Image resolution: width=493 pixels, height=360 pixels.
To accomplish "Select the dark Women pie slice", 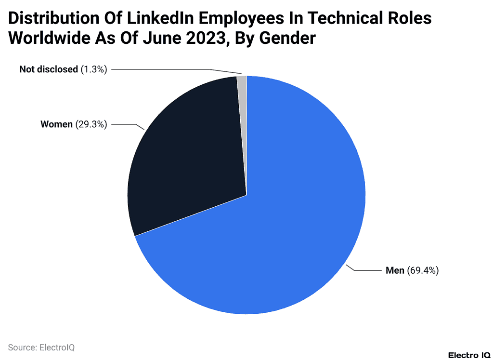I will (193, 154).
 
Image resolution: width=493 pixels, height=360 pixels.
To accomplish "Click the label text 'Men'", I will (395, 270).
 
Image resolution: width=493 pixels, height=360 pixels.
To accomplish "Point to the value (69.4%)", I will (423, 270).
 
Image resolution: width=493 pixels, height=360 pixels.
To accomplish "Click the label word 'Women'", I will (57, 124).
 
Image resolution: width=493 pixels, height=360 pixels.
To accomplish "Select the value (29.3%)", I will (91, 124).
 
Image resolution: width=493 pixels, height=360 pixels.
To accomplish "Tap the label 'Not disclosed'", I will (48, 69).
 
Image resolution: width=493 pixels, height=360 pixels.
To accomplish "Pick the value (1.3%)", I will (94, 69).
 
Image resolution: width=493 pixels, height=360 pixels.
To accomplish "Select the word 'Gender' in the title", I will (287, 39).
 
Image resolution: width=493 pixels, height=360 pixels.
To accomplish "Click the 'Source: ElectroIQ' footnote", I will (41, 347).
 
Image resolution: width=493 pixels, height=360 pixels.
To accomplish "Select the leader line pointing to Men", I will (366, 270).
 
